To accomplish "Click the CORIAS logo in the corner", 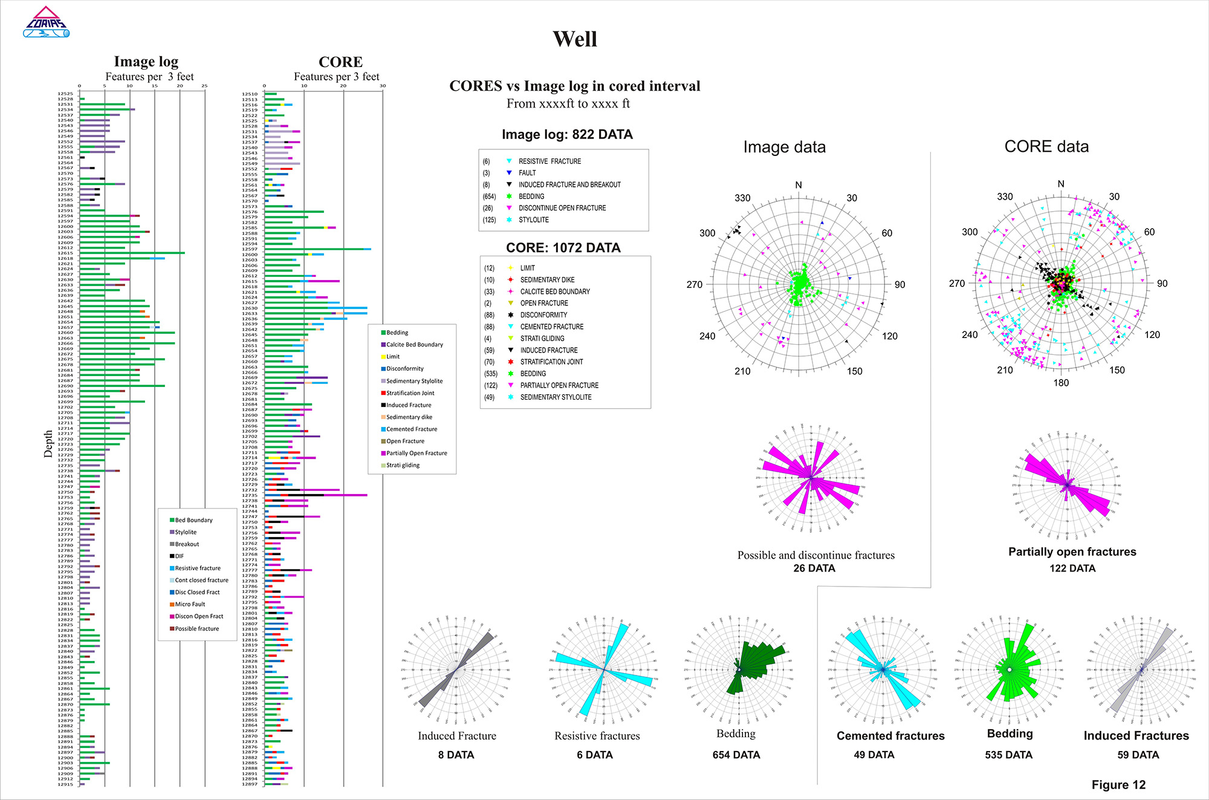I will click(46, 23).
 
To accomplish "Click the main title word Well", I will click(575, 39).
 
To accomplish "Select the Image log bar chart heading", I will click(146, 62).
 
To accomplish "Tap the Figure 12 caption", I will click(1118, 784).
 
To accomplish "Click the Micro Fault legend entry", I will click(190, 604).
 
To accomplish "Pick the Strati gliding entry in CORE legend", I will click(403, 465).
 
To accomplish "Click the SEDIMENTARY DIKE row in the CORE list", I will click(547, 280).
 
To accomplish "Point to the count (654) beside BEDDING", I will click(488, 197).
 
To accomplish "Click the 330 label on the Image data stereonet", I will click(742, 198).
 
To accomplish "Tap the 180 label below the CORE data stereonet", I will click(1061, 383).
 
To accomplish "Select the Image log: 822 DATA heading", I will click(567, 135).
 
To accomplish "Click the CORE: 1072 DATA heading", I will click(563, 248).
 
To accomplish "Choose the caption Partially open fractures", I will click(1072, 551).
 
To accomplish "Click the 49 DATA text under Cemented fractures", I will click(874, 755).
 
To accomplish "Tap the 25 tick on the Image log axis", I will click(204, 86).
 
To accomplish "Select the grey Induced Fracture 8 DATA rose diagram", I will click(456, 669).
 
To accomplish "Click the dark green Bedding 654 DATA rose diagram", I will click(738, 669).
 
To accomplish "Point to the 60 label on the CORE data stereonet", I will click(1149, 232).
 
